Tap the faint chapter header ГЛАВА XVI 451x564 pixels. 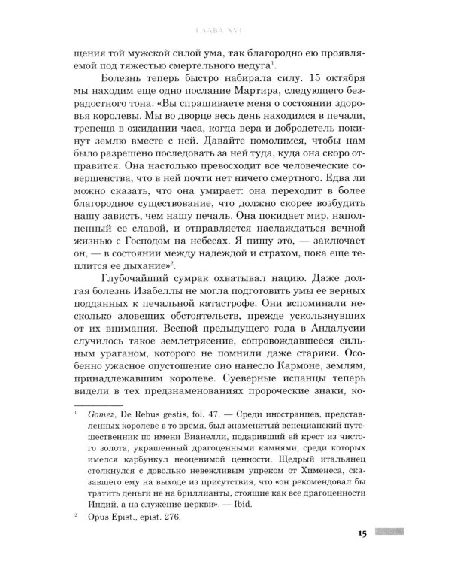pyautogui.click(x=225, y=31)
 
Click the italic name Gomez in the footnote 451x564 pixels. pyautogui.click(x=94, y=414)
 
